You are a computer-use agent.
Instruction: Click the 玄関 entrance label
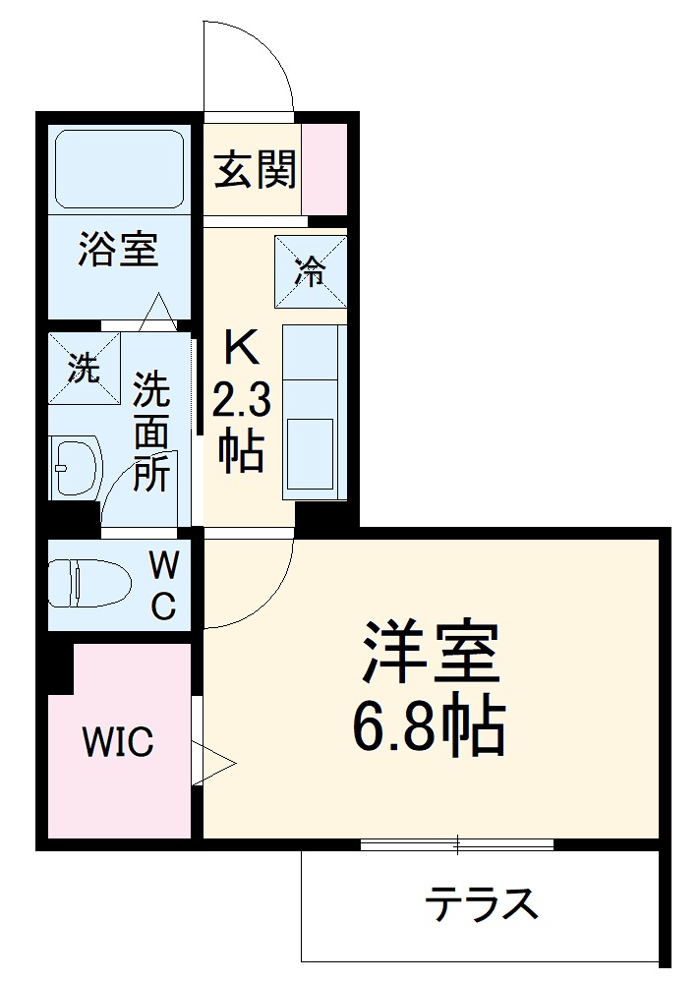[x=255, y=171]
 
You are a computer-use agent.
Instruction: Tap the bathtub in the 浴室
[x=120, y=168]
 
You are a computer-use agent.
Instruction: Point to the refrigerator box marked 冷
[x=311, y=272]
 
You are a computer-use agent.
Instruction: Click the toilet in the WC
[x=88, y=583]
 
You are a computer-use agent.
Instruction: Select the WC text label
[x=163, y=587]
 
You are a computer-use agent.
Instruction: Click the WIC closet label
[x=118, y=743]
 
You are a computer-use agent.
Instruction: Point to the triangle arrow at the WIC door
[x=213, y=763]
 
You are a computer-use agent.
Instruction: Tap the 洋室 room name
[x=432, y=653]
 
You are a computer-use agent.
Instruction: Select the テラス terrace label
[x=482, y=902]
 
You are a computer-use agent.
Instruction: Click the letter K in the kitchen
[x=240, y=347]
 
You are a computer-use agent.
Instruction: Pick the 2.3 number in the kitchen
[x=240, y=399]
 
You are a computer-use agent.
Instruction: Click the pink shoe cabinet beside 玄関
[x=324, y=168]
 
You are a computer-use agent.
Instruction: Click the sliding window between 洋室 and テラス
[x=456, y=843]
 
